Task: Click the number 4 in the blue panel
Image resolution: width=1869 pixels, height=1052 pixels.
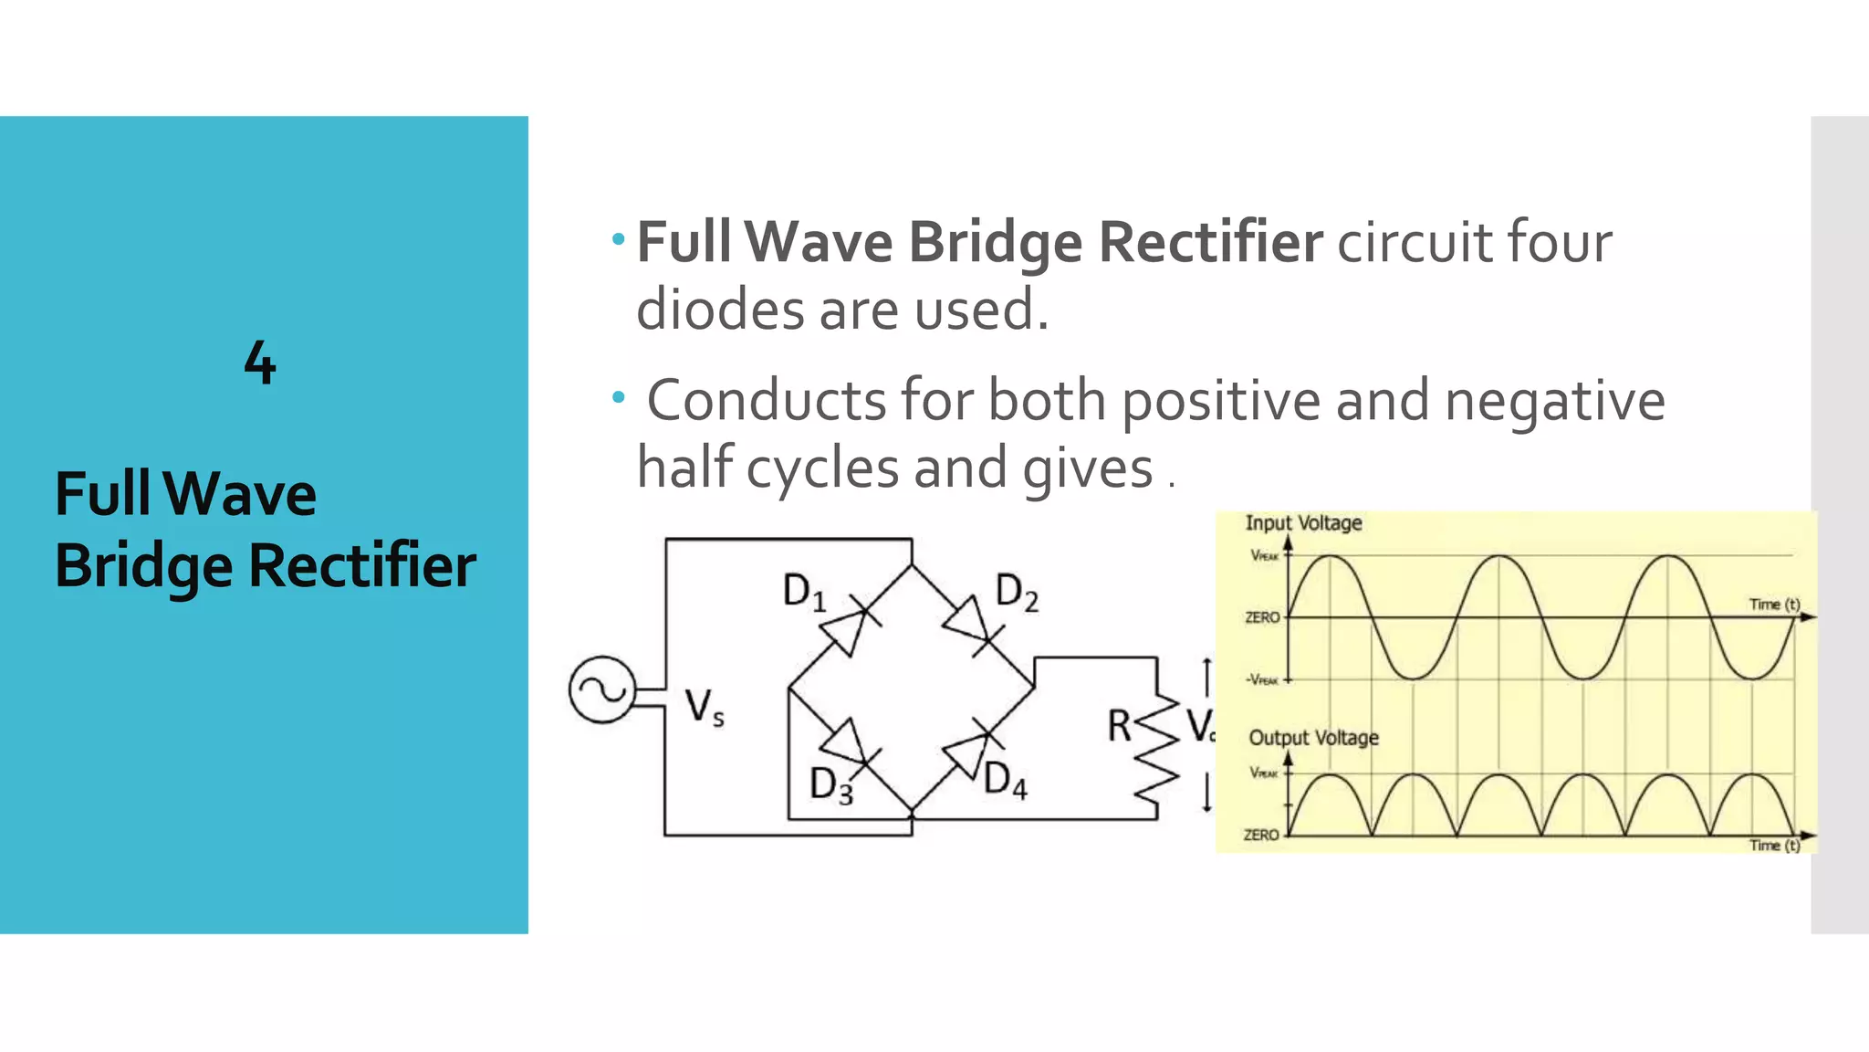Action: point(260,363)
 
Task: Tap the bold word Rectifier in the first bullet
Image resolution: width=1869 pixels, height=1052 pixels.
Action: point(1210,243)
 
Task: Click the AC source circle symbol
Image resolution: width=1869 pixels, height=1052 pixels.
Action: point(602,689)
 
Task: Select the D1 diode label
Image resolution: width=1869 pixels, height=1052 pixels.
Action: point(804,592)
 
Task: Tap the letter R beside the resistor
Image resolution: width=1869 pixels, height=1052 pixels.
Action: point(1119,727)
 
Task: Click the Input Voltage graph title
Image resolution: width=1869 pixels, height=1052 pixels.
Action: point(1303,523)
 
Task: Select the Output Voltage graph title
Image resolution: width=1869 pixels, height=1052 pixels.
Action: point(1313,738)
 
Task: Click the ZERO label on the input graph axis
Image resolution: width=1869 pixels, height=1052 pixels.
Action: point(1262,618)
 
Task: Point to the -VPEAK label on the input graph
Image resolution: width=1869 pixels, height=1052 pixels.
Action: point(1263,679)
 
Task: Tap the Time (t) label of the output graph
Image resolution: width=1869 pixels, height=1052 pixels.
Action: point(1774,846)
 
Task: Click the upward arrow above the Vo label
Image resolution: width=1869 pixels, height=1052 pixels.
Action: point(1206,676)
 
